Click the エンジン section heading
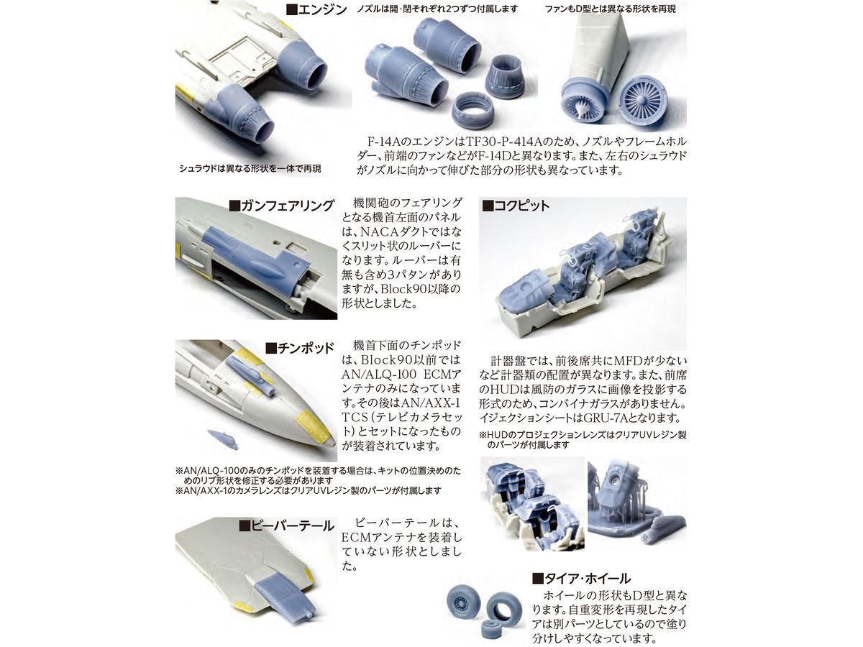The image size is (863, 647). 317,9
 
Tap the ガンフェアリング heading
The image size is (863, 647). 281,206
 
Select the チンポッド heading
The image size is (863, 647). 300,348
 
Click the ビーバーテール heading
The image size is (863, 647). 287,526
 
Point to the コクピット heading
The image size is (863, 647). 516,206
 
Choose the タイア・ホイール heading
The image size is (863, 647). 581,578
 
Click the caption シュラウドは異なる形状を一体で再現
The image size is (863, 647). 250,168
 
